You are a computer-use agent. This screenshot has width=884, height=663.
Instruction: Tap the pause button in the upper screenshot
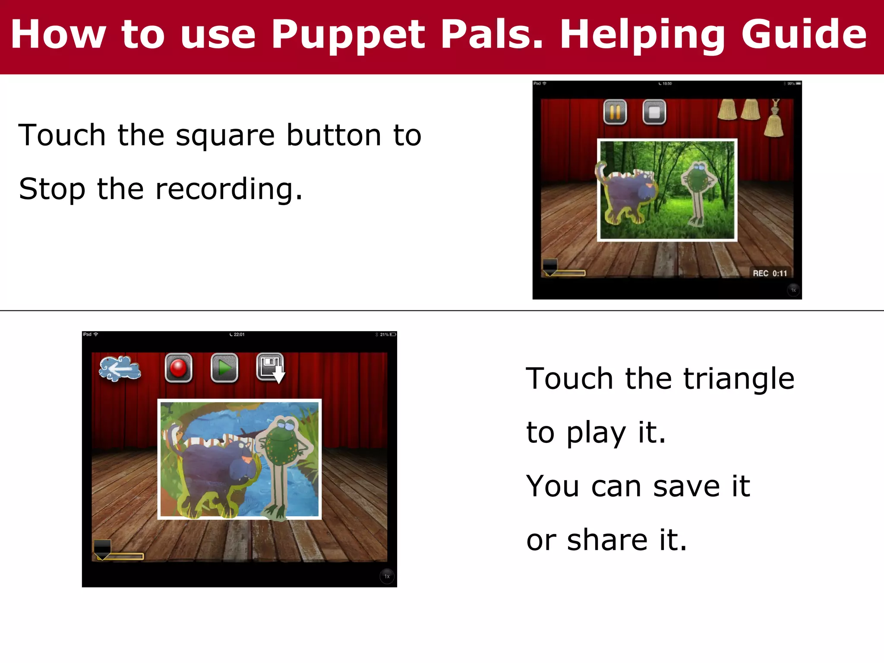[x=615, y=112]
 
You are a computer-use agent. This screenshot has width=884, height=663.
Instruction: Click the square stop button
[x=654, y=112]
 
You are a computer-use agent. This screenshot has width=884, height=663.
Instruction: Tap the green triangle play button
[x=224, y=368]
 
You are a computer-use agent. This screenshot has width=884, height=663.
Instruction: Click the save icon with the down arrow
[x=271, y=368]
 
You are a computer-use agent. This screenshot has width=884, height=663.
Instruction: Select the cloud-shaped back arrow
[x=120, y=369]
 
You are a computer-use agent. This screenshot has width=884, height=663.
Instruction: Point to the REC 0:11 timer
[x=770, y=273]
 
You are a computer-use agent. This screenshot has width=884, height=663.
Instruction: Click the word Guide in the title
[x=804, y=35]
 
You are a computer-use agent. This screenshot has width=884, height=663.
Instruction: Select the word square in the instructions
[x=225, y=136]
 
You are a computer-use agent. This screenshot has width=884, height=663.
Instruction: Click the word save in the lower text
[x=686, y=486]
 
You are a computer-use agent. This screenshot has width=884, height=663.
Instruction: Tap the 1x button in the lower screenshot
[x=387, y=576]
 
